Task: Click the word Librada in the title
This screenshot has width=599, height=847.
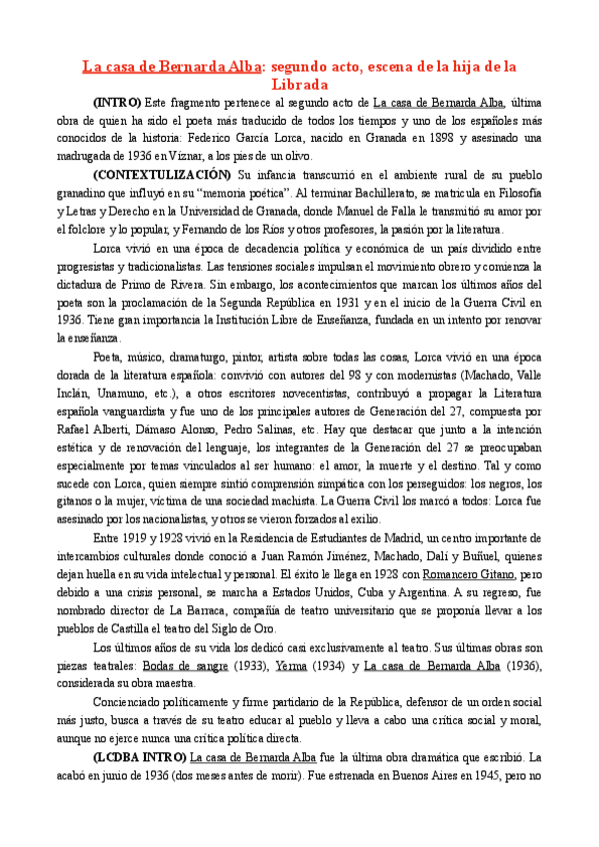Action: pyautogui.click(x=299, y=85)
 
